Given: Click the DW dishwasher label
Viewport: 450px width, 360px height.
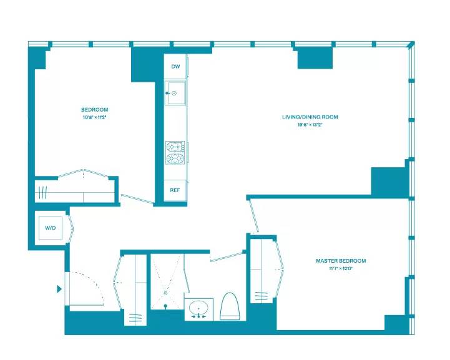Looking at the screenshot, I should (x=175, y=66).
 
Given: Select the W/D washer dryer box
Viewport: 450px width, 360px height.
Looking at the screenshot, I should (x=51, y=228).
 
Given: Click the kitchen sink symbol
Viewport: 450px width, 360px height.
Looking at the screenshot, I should (x=175, y=93).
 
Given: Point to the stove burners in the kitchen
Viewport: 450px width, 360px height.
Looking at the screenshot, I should (x=175, y=153).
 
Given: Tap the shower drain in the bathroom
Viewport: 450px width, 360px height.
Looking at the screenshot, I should (x=166, y=292).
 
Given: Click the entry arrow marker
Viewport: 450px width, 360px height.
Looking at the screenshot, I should (x=59, y=289).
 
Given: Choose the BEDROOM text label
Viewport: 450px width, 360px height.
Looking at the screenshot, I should (x=95, y=110).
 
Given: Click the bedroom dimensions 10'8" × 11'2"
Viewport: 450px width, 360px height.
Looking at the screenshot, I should (x=95, y=117).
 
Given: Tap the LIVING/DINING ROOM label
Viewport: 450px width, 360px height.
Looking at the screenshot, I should (x=310, y=117).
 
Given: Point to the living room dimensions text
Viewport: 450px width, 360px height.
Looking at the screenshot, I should (x=310, y=125).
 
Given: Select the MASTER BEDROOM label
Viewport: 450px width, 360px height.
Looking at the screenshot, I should (x=340, y=261).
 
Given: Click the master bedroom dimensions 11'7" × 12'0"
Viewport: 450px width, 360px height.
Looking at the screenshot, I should (x=340, y=269).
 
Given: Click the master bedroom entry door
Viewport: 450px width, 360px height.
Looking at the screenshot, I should (x=254, y=216).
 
